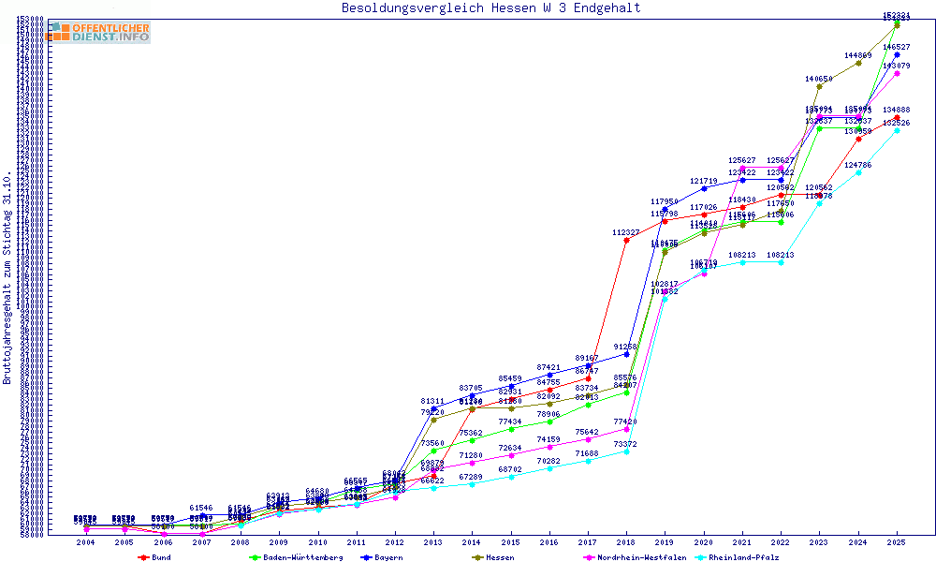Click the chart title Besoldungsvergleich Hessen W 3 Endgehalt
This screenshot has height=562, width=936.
491,7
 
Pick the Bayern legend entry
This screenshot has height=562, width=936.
388,557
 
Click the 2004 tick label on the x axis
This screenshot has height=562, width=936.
85,542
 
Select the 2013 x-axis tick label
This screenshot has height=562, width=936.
433,542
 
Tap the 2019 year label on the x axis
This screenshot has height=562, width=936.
665,542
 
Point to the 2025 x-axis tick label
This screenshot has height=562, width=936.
897,542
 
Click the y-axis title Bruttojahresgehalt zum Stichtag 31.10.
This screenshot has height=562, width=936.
7,278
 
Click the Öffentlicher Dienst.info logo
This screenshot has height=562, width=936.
101,32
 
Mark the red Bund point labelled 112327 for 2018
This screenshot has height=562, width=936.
626,240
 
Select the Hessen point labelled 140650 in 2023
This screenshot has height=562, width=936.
819,86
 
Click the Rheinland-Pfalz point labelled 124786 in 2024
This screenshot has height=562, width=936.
858,172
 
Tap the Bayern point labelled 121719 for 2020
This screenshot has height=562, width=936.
704,188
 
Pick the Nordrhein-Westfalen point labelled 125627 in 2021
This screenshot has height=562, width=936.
742,169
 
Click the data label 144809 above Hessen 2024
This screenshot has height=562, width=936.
857,56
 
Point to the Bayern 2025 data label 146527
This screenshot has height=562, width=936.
897,47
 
